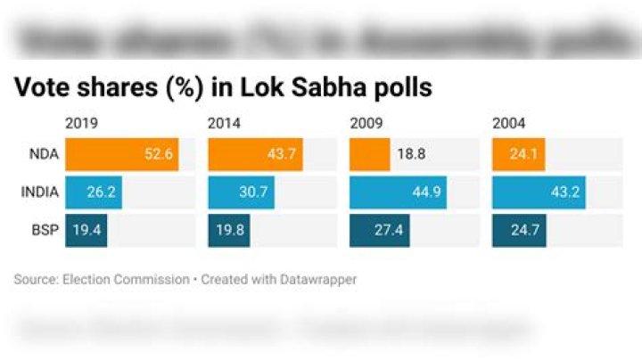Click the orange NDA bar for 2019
(x=121, y=154)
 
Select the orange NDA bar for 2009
(x=369, y=154)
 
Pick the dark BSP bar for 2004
(x=519, y=230)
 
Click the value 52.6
(x=160, y=154)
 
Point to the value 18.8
(x=410, y=154)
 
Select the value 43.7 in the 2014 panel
(x=284, y=154)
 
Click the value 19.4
(x=86, y=230)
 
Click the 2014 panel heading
(x=223, y=123)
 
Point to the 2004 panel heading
(x=508, y=123)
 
